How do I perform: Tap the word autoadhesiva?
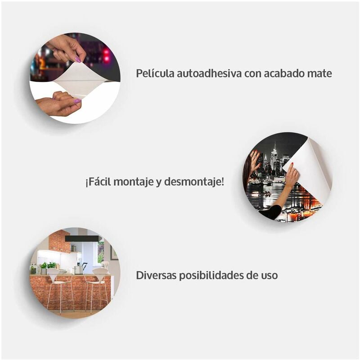tap(209, 73)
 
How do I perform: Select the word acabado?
tap(283, 73)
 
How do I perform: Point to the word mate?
tap(319, 74)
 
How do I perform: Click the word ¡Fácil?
tap(98, 182)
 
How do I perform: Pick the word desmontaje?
tap(194, 182)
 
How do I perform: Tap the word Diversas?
tap(156, 275)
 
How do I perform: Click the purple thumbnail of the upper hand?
tap(78, 60)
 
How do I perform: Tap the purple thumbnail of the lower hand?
tap(77, 101)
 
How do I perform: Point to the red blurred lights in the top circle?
tap(106, 55)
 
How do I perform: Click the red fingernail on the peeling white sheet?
tap(292, 164)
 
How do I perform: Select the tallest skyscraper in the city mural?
tap(274, 157)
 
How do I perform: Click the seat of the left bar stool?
tap(55, 282)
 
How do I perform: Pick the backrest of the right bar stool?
tap(100, 273)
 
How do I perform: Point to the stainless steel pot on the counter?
tap(78, 270)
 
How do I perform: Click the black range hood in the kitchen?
tap(82, 239)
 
